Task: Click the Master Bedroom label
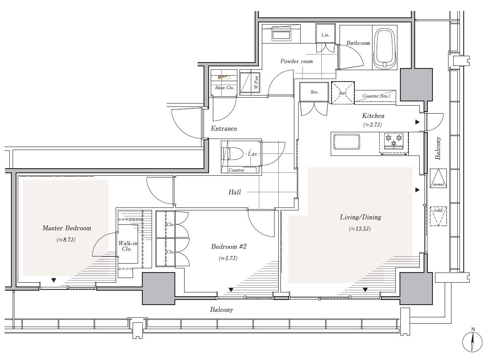[x=67, y=228]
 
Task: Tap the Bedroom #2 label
[x=229, y=247]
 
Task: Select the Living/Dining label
[x=361, y=217]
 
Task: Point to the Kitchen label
[x=373, y=116]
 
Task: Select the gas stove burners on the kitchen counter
[x=394, y=141]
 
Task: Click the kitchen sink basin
[x=347, y=142]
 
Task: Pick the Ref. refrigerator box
[x=342, y=93]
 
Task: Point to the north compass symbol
[x=472, y=341]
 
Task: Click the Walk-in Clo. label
[x=128, y=246]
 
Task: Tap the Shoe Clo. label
[x=224, y=88]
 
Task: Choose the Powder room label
[x=296, y=61]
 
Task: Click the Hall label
[x=235, y=192]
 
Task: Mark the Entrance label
[x=224, y=128]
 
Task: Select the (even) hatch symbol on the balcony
[x=438, y=178]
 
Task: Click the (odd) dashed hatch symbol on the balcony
[x=438, y=216]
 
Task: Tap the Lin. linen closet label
[x=325, y=35]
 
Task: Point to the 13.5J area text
[x=360, y=229]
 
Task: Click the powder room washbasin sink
[x=281, y=35]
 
